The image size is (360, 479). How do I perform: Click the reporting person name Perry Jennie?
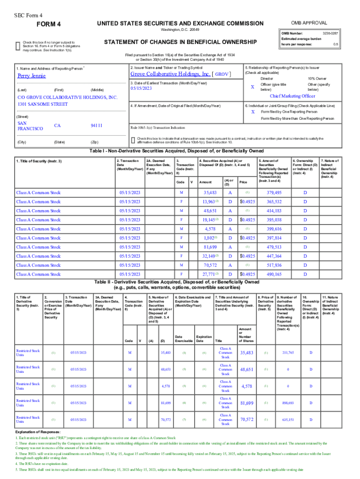click(x=31, y=76)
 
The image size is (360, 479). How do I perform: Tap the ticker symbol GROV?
click(x=222, y=74)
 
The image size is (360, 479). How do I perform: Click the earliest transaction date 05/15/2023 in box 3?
click(x=142, y=88)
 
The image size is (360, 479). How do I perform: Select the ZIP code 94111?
click(x=96, y=125)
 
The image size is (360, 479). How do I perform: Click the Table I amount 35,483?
click(x=210, y=193)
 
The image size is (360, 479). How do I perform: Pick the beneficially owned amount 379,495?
click(x=274, y=193)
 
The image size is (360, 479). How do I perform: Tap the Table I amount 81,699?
click(x=210, y=247)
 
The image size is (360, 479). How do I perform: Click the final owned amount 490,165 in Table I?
click(x=274, y=274)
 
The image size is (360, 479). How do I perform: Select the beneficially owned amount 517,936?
click(x=274, y=265)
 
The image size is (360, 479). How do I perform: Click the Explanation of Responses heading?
click(x=38, y=431)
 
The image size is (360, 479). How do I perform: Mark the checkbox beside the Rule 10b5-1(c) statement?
click(x=133, y=140)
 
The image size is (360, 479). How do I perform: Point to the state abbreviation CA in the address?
click(x=58, y=125)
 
